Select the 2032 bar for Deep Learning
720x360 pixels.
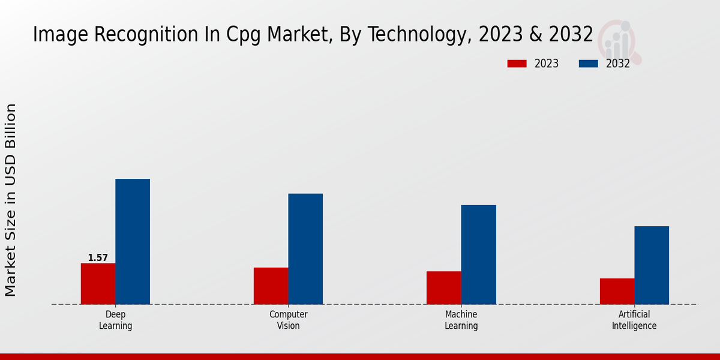133,241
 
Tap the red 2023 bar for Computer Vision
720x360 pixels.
271,286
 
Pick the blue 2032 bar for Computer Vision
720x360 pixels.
305,248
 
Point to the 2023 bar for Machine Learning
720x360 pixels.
444,287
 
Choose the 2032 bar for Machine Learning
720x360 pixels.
479,254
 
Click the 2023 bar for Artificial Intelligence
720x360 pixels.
617,291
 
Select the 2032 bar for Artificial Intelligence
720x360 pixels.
652,265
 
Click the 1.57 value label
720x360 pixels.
98,258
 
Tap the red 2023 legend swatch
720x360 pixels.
517,64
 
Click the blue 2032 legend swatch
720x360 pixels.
588,64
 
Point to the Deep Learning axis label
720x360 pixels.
115,320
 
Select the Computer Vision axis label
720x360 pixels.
288,320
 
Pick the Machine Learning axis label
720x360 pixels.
461,320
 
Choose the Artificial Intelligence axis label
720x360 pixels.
634,320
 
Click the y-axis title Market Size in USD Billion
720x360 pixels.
11,200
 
